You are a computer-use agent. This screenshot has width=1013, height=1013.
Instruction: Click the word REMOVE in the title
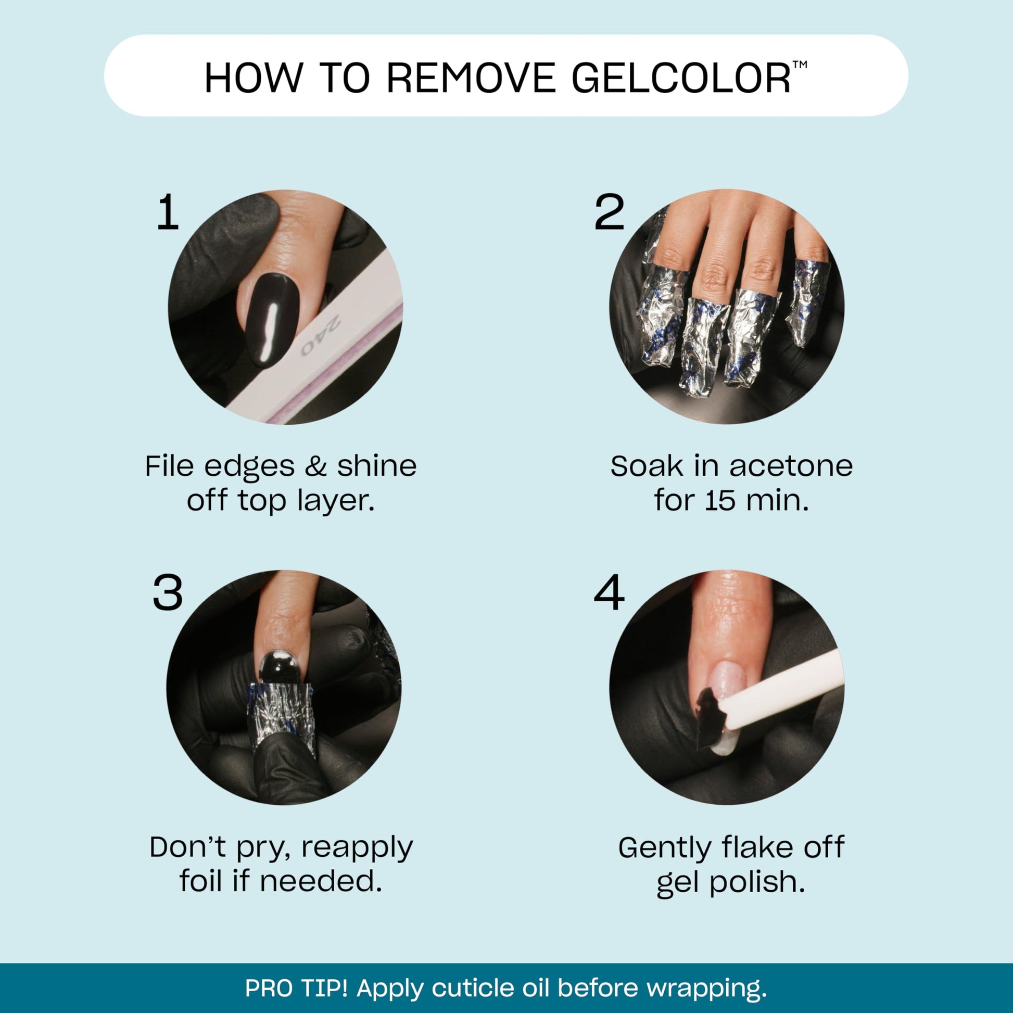click(x=471, y=78)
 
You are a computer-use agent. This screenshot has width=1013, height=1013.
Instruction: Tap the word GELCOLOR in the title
click(x=680, y=78)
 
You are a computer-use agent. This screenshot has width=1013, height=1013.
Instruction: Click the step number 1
click(x=168, y=212)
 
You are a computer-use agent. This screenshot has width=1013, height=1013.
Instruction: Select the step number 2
click(x=609, y=212)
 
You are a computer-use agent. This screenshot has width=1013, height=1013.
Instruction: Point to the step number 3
click(x=168, y=593)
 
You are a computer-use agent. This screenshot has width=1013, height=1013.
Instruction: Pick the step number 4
click(x=609, y=593)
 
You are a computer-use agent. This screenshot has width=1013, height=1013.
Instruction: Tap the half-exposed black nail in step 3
click(x=280, y=667)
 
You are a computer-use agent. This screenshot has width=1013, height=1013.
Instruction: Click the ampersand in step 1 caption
click(x=315, y=466)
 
